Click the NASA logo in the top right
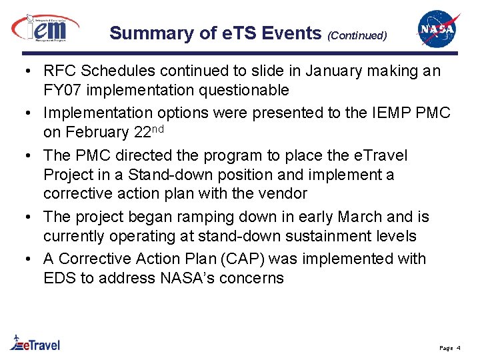click(438, 29)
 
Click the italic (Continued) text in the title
click(357, 35)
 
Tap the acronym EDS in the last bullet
click(59, 278)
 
